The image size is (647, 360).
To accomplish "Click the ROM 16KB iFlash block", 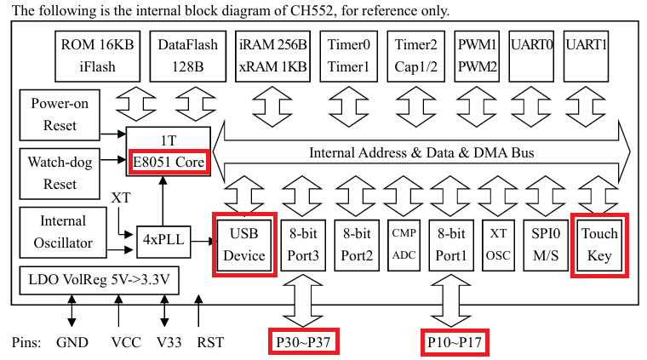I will click(96, 57).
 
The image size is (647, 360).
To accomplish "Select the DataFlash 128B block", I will click(188, 57).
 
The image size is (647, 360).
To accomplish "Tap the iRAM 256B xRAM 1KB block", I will click(273, 57).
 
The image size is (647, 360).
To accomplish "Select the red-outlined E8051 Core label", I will click(168, 162).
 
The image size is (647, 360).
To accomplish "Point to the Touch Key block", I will click(599, 244).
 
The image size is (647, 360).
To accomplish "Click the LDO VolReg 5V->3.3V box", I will click(99, 281).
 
